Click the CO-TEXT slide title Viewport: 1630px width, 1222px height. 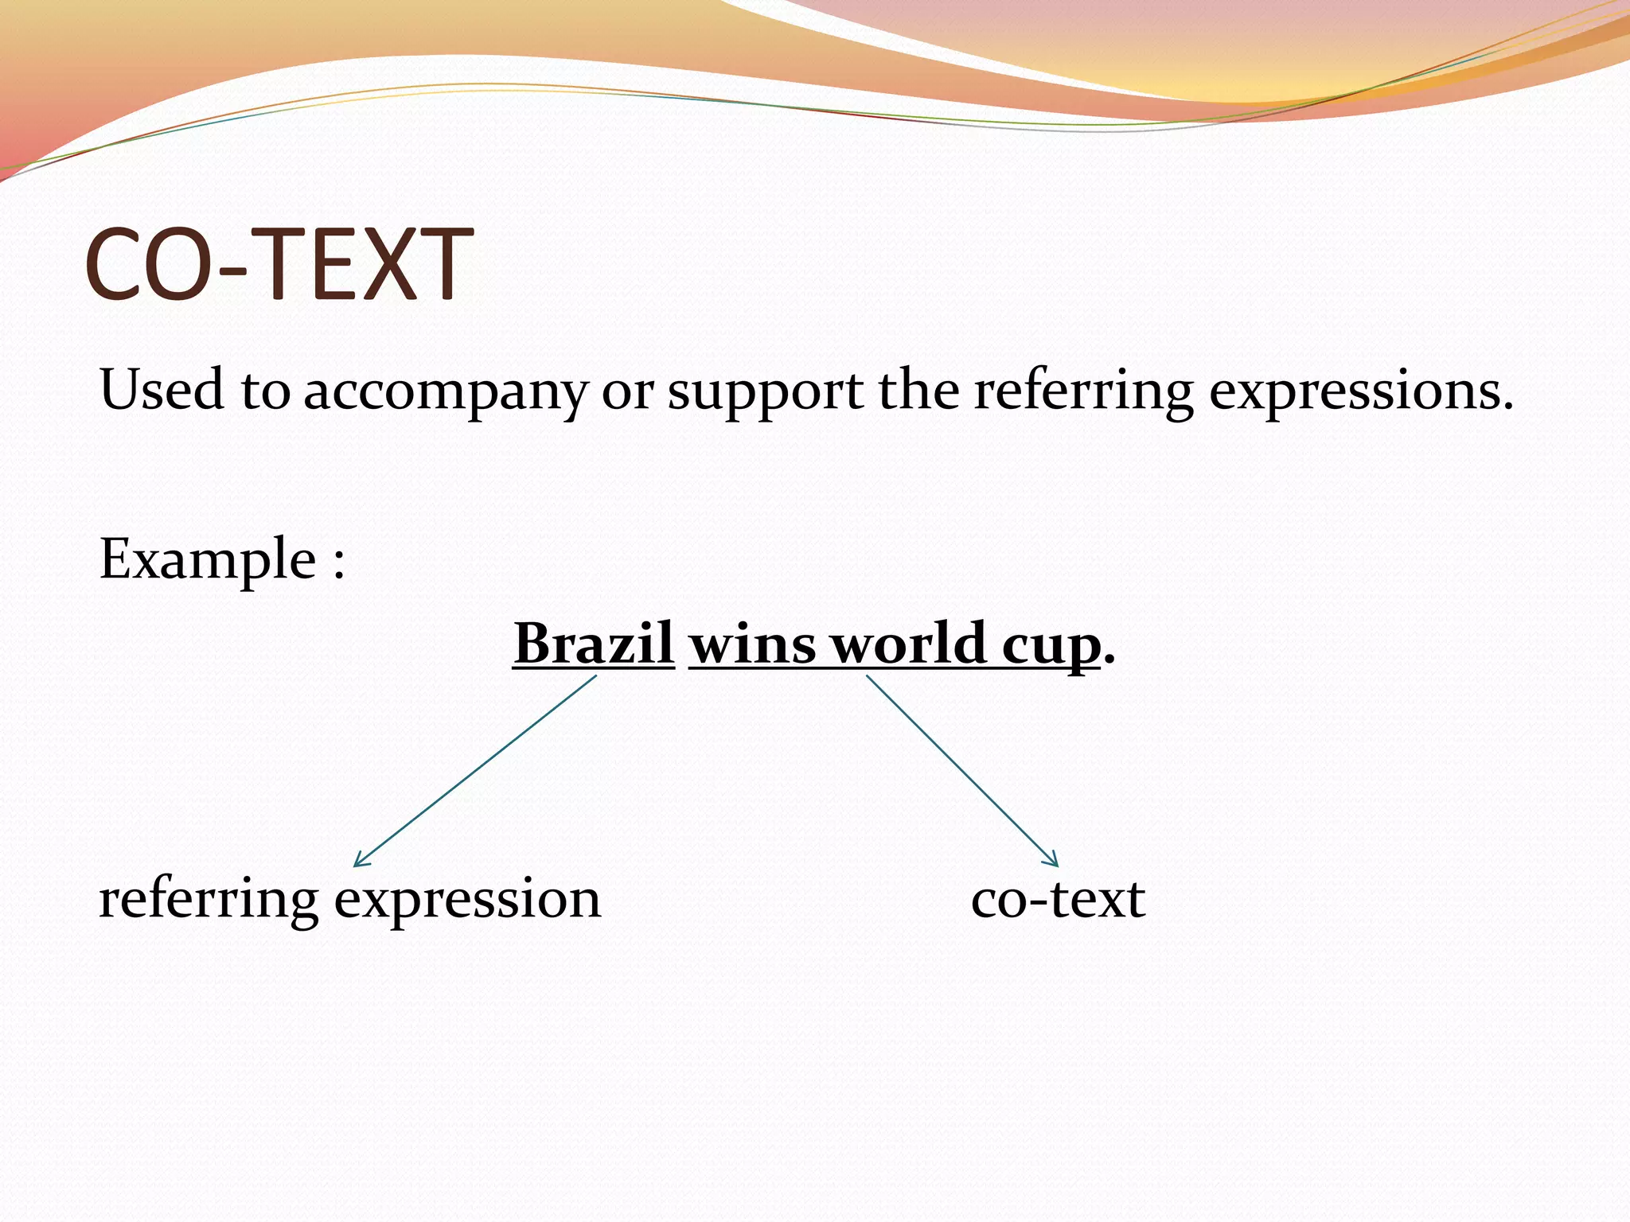279,264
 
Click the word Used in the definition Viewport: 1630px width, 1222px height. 161,390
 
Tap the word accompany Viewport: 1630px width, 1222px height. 444,391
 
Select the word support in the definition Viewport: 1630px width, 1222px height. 764,391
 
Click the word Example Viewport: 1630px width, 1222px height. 208,559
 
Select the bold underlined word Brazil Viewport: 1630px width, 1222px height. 594,643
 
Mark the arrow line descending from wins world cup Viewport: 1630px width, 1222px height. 961,769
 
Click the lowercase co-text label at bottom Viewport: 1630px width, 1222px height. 1058,900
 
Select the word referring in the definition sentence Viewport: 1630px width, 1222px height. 1083,391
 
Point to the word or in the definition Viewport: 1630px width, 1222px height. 626,391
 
